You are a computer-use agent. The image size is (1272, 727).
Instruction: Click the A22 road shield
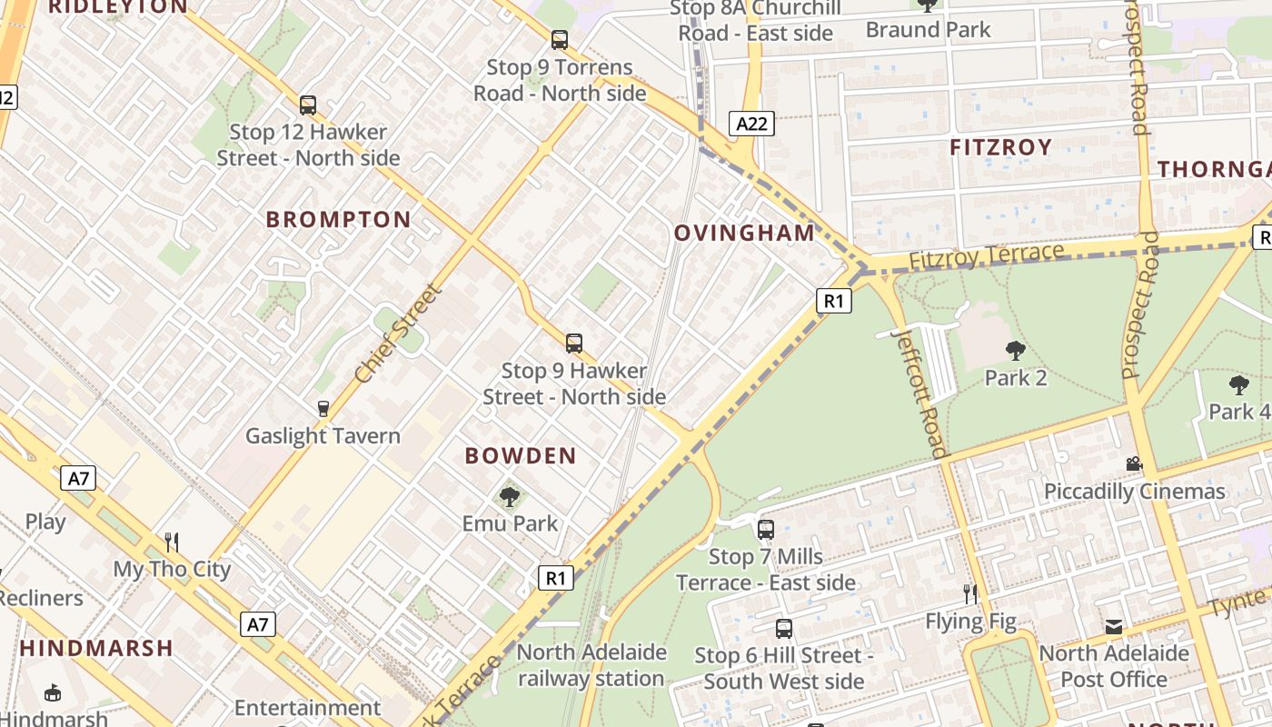(751, 124)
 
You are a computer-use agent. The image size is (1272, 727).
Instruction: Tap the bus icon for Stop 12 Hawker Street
(308, 105)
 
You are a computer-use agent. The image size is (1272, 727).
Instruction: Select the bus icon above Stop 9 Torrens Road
(560, 40)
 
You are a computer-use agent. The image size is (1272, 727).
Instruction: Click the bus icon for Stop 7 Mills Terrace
(766, 529)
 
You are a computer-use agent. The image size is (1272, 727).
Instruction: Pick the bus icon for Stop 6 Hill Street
(784, 628)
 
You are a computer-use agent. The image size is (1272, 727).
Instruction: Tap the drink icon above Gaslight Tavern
(323, 409)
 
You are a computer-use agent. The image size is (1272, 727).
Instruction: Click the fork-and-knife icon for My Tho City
(172, 543)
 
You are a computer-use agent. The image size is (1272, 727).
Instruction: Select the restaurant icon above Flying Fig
(970, 594)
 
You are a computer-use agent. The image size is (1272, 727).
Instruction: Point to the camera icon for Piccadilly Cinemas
(1134, 464)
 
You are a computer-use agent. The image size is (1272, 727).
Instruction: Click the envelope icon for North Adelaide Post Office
(1114, 627)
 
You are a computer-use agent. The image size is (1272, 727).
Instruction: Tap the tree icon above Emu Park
(510, 496)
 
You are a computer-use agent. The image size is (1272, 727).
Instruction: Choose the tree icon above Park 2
(1016, 351)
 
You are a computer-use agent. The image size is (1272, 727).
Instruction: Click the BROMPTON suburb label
(339, 219)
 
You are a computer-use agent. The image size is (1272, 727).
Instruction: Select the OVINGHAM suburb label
(745, 233)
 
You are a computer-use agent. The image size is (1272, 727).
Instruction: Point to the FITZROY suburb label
(1000, 147)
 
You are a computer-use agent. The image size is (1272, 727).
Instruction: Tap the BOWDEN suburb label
(521, 456)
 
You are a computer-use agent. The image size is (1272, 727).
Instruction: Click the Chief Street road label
(398, 334)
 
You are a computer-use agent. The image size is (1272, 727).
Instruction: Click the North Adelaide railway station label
(591, 665)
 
